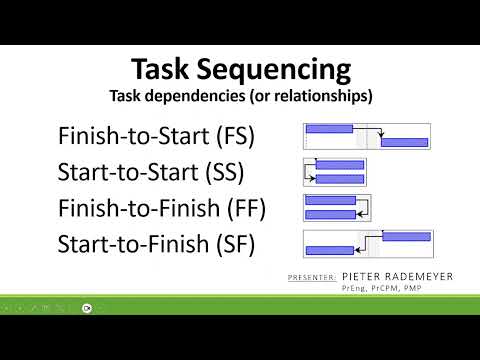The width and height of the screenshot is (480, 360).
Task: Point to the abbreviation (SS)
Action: point(221,171)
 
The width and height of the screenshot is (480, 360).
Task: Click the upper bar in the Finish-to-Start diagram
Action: point(330,128)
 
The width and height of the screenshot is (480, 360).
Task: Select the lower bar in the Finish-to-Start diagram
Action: point(404,143)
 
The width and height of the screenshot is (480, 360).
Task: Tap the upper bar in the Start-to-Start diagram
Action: point(340,164)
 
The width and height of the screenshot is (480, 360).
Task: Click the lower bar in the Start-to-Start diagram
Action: point(340,178)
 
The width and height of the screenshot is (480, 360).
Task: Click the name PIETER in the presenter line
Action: point(362,275)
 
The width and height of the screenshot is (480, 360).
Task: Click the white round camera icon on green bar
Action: point(87,308)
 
